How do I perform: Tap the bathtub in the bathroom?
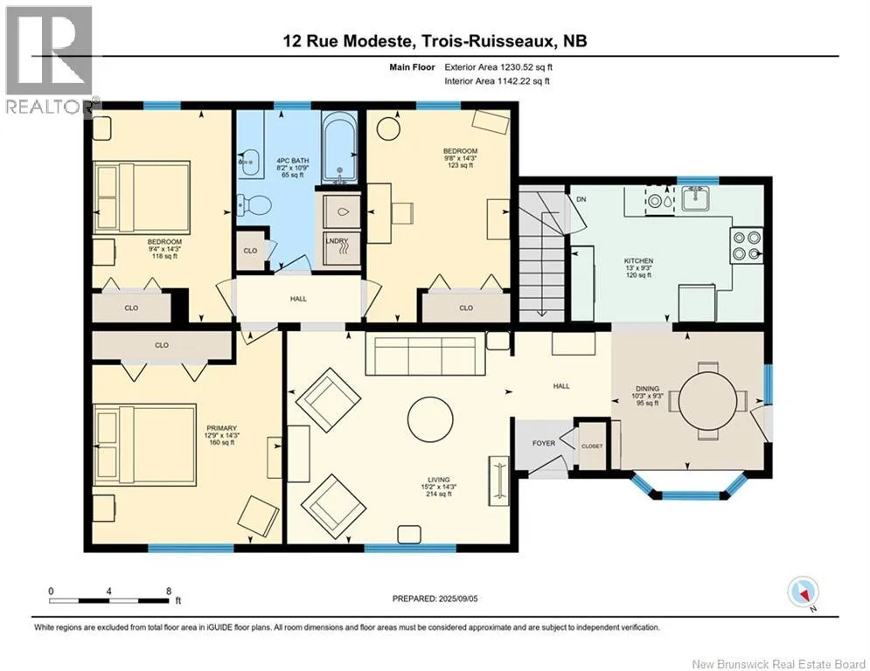(340, 148)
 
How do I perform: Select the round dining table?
(706, 400)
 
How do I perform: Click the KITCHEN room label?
(638, 260)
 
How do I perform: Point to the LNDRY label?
(337, 240)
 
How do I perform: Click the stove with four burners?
(746, 246)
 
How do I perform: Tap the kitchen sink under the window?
(696, 198)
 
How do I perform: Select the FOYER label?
(544, 443)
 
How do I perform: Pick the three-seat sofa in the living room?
(426, 355)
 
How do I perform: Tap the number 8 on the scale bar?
(169, 591)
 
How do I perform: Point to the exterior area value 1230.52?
(519, 67)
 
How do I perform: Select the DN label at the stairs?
(581, 199)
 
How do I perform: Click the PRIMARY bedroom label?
(221, 428)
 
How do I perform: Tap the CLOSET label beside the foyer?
(592, 446)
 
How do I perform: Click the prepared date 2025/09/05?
(458, 598)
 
